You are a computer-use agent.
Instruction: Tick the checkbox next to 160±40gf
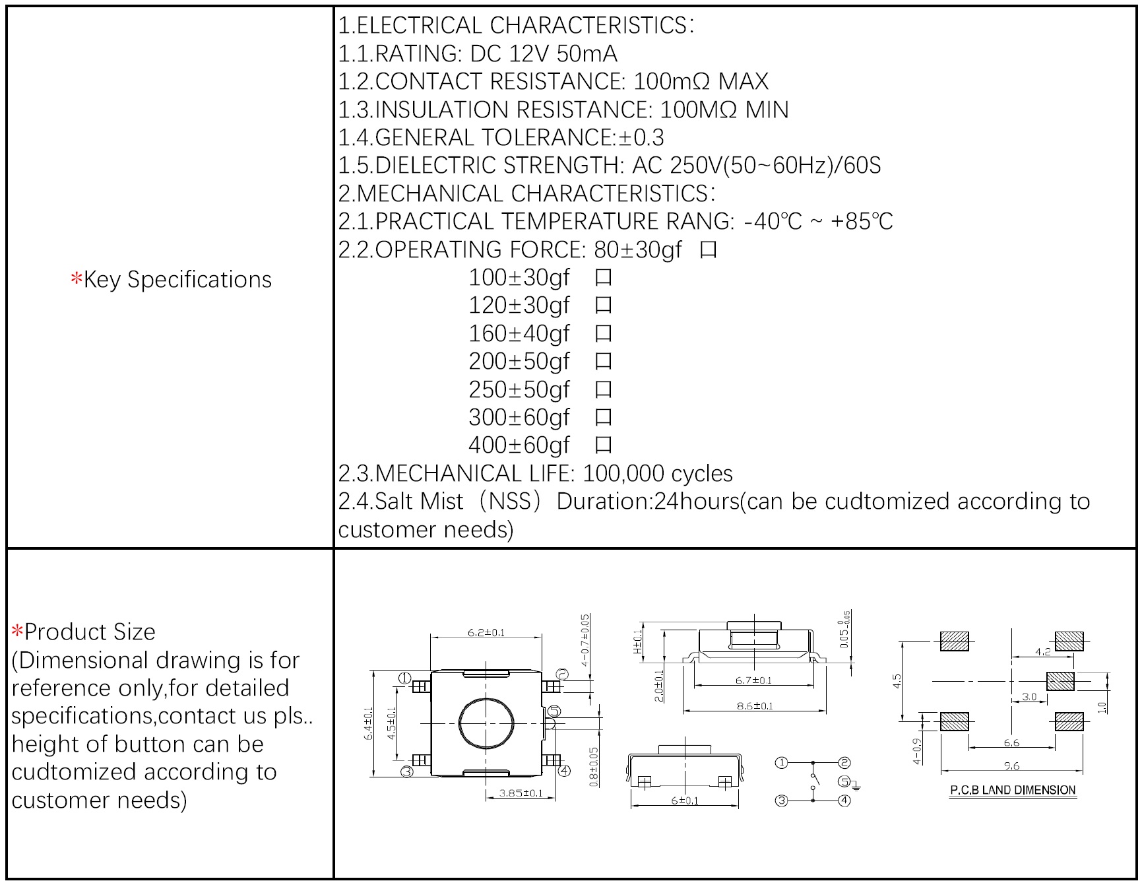coord(603,334)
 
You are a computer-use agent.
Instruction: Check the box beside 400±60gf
coord(603,445)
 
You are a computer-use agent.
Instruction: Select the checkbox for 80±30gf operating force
coord(708,250)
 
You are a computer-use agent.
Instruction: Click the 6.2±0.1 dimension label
coord(486,632)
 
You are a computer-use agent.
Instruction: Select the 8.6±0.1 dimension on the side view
coord(754,705)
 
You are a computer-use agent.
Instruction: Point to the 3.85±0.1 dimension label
coord(521,793)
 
